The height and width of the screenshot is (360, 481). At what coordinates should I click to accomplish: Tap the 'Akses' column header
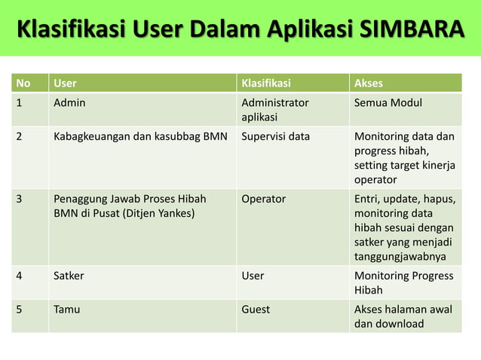369,83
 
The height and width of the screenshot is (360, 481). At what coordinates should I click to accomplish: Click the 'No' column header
24,83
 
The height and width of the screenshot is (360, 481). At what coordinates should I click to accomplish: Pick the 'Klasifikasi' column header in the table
266,83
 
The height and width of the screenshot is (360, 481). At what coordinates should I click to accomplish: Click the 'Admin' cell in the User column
69,102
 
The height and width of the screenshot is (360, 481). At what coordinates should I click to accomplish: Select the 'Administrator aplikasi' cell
274,110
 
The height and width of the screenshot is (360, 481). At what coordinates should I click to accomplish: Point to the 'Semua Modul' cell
388,102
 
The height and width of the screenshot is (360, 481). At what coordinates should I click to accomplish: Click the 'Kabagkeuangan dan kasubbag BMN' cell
140,137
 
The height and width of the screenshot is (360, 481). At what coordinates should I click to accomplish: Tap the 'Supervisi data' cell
275,137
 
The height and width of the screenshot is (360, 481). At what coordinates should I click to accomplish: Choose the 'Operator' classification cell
264,199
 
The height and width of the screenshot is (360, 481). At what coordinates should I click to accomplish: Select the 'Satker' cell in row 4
69,276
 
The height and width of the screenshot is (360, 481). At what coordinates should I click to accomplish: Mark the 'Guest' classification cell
256,309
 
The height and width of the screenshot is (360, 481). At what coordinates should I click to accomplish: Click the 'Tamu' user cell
66,309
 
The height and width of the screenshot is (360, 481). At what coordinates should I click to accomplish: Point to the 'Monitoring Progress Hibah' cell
403,282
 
